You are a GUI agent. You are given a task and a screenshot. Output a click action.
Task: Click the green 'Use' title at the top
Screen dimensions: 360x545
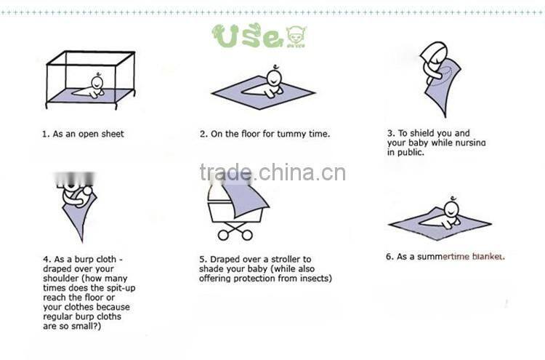point(246,36)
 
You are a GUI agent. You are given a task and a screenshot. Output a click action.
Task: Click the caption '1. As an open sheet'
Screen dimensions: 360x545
point(82,134)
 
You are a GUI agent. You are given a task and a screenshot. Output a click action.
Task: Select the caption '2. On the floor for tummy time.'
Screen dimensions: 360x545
point(265,134)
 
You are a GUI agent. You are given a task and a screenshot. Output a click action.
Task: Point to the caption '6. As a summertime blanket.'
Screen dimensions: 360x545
point(445,256)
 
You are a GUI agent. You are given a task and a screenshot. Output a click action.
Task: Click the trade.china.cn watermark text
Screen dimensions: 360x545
point(272,173)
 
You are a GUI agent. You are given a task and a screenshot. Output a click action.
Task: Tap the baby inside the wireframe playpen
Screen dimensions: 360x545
point(93,87)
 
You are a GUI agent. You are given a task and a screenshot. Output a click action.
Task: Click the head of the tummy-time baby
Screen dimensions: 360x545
point(274,77)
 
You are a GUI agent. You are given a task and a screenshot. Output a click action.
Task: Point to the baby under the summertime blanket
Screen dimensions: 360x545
point(449,213)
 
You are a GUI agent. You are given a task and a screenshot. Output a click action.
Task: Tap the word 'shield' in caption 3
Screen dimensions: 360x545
point(424,133)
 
